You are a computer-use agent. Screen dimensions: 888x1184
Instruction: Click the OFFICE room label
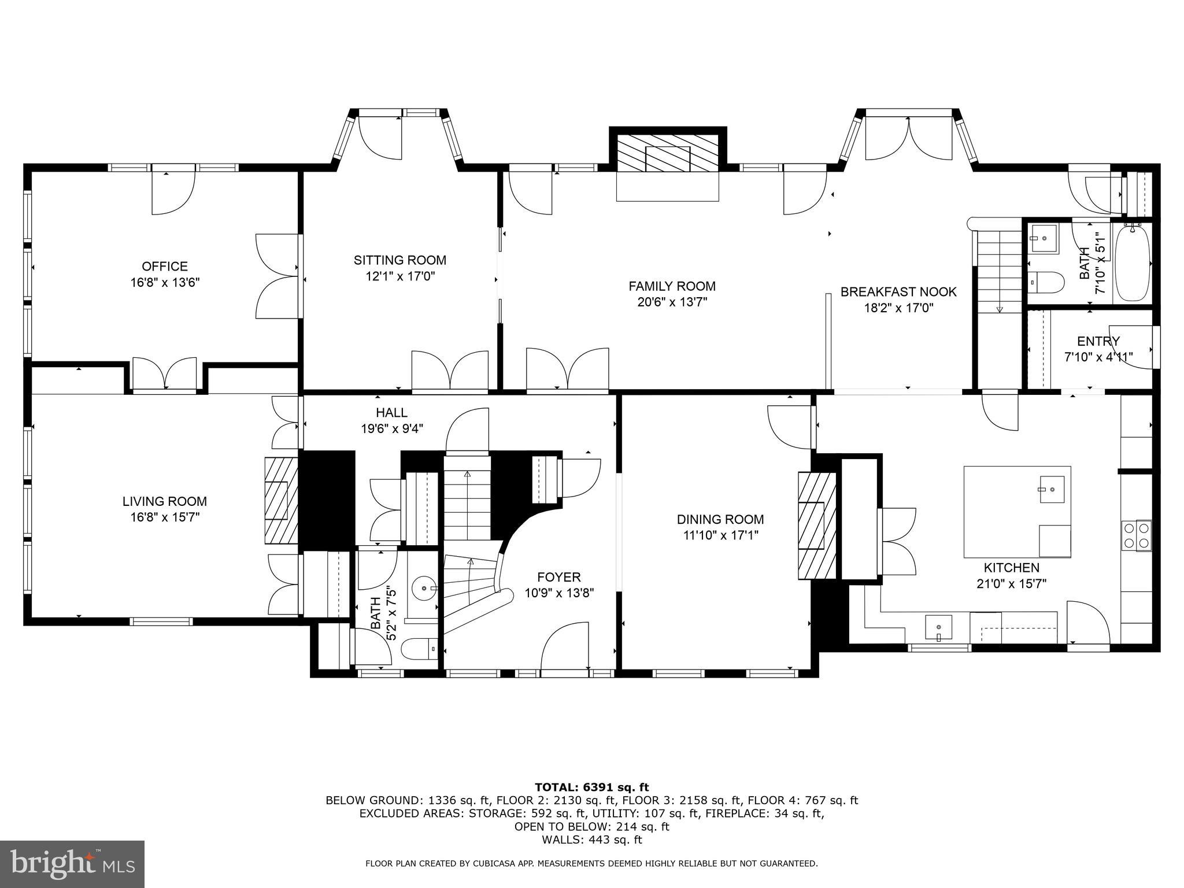point(165,267)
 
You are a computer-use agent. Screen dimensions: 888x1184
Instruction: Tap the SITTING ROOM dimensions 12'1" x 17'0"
point(400,276)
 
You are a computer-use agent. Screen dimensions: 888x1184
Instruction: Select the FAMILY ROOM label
point(672,286)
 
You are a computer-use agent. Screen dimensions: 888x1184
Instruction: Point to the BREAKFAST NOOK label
point(898,292)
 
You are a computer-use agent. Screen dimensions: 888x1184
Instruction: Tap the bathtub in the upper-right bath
point(1132,263)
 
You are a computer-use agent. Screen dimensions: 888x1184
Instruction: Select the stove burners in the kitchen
point(1136,535)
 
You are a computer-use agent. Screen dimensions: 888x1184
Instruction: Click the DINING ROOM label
point(720,520)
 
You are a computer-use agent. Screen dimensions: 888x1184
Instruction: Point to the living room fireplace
point(281,501)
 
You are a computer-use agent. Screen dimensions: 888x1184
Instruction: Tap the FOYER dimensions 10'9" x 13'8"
point(559,593)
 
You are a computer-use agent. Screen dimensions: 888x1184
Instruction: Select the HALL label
point(391,413)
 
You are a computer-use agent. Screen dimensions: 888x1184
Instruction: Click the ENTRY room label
point(1098,341)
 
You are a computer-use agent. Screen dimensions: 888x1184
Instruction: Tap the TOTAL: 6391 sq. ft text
point(591,787)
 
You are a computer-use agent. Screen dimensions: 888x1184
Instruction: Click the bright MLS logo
point(72,865)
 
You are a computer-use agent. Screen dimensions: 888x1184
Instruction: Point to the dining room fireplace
point(816,526)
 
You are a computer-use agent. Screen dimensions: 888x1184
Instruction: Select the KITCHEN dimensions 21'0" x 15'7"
point(1011,584)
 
